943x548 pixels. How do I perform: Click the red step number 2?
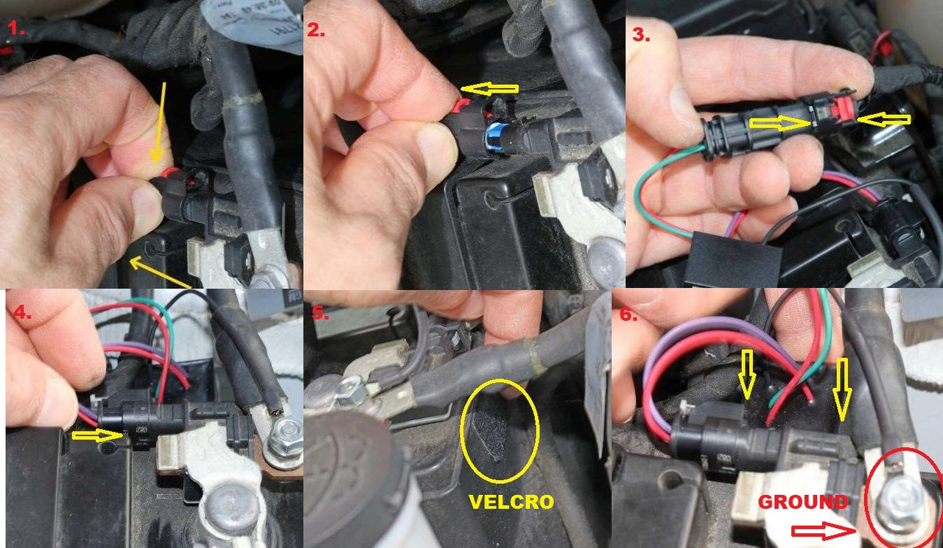315,29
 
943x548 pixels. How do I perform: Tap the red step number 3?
641,35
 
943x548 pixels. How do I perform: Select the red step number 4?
22,312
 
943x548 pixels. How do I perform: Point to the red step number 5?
320,313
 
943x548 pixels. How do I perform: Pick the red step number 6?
628,315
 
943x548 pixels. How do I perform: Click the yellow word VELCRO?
511,502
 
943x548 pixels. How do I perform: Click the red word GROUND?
803,502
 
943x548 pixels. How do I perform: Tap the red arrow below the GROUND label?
824,532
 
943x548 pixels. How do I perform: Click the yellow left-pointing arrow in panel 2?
489,89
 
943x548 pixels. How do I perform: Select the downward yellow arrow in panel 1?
158,123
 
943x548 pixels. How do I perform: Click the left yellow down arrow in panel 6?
747,373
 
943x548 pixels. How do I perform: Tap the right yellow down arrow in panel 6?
841,390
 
